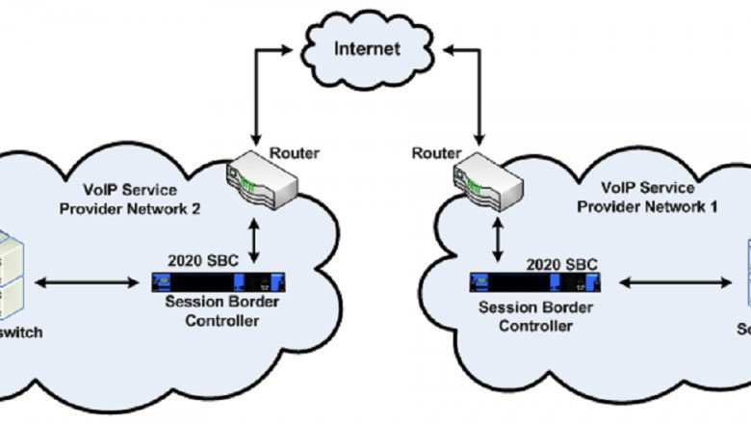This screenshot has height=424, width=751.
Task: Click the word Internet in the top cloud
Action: click(367, 47)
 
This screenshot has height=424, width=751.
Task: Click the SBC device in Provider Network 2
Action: click(219, 282)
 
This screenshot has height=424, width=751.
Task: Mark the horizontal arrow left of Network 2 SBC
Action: click(87, 282)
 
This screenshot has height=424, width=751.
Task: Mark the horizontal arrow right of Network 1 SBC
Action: click(674, 282)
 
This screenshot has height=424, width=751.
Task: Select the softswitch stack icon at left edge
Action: click(12, 275)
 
